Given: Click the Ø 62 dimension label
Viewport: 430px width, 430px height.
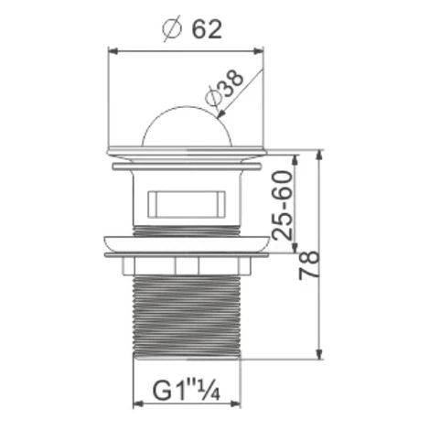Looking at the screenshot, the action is pos(192,29).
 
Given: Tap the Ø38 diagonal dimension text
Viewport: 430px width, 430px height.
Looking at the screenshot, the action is pos(224,90).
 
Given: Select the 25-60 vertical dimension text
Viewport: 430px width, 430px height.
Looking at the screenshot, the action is pos(282,205).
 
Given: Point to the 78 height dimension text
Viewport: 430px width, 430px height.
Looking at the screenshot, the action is pos(309,265).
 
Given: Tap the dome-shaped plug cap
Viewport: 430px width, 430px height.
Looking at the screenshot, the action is pos(186,125).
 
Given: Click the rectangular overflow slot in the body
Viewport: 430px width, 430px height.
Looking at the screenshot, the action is pos(187,204).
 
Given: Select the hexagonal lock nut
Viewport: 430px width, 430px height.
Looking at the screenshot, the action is pos(186,266).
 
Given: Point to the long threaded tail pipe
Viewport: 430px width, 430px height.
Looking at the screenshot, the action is pos(187,317).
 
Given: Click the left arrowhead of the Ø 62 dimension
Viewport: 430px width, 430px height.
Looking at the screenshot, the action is pos(113,51).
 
